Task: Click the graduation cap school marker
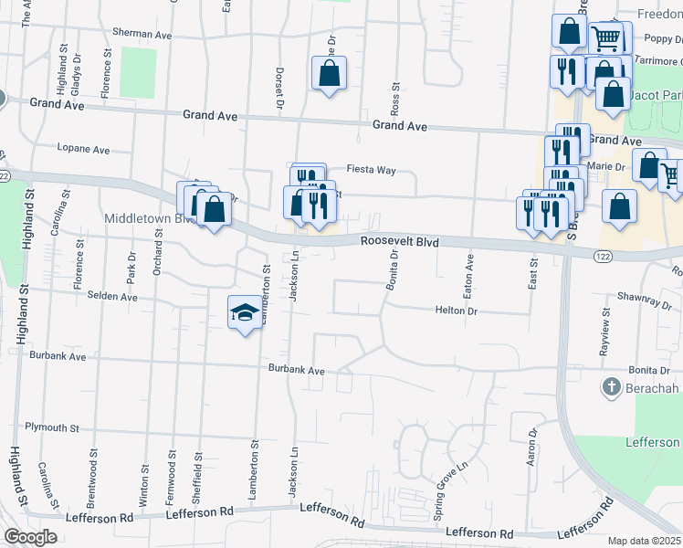point(244,313)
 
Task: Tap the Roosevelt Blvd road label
point(400,242)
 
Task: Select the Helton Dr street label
point(457,311)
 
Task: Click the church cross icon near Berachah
point(611,387)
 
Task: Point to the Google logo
point(31,536)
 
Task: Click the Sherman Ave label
point(142,33)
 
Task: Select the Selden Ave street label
point(111,297)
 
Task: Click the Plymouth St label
point(52,427)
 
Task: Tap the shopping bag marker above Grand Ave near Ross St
point(330,73)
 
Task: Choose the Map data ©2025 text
point(645,541)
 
